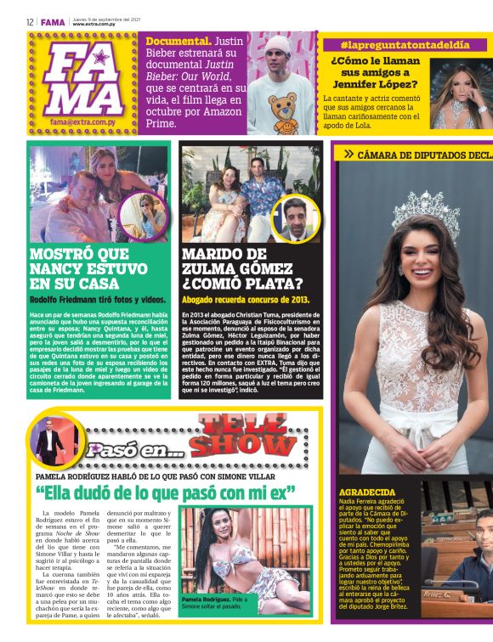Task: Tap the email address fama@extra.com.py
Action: tap(82, 121)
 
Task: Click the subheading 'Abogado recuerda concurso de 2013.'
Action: tap(246, 300)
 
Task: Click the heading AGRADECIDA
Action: tap(368, 492)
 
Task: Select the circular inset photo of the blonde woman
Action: tap(142, 216)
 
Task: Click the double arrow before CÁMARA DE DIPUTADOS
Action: tap(348, 154)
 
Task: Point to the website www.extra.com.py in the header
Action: tap(94, 25)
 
